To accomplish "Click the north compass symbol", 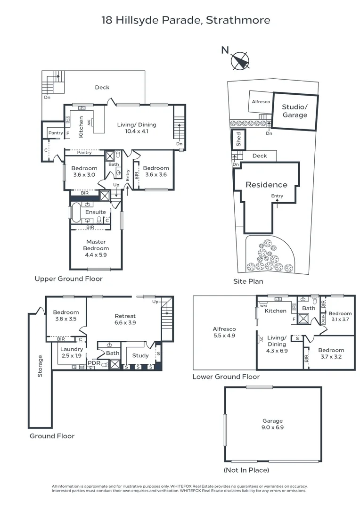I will tap(240, 61).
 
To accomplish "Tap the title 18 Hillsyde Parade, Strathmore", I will tap(186, 20).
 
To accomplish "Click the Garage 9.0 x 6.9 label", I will tap(273, 424).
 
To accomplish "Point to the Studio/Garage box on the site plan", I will tap(295, 111).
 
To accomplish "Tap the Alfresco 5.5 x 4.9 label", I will tap(224, 332).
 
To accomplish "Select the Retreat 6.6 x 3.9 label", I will tap(125, 319).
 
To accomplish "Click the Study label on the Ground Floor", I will tap(140, 355).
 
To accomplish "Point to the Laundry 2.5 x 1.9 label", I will tap(72, 352).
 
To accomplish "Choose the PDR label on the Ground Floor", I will tap(94, 363).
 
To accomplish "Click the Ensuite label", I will tap(96, 212).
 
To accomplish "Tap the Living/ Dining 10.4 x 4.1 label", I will tap(136, 128).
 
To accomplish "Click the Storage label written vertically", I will tap(40, 366).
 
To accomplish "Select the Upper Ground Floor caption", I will tap(68, 279).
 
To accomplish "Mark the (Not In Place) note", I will tap(246, 470).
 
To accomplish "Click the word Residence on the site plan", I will tap(266, 185).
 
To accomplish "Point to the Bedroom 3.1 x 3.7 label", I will tap(340, 316).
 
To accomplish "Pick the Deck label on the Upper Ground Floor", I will tap(102, 87).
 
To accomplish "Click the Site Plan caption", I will tap(248, 281).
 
